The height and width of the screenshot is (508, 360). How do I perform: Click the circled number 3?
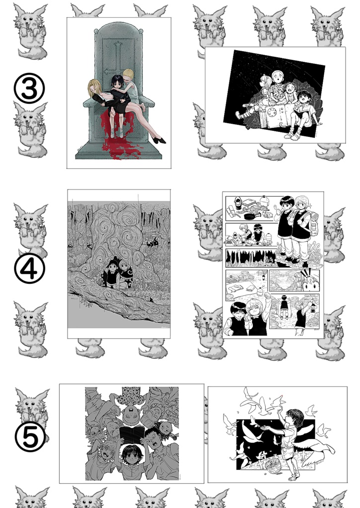(29, 88)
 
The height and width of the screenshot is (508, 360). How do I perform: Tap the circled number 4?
(29, 268)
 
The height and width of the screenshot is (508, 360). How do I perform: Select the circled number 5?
(30, 437)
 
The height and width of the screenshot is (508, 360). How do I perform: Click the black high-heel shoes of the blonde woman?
(159, 140)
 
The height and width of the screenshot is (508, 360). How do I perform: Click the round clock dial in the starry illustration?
(272, 113)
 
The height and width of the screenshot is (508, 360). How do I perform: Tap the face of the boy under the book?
(131, 456)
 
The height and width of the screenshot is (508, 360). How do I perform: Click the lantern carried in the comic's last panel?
(313, 307)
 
